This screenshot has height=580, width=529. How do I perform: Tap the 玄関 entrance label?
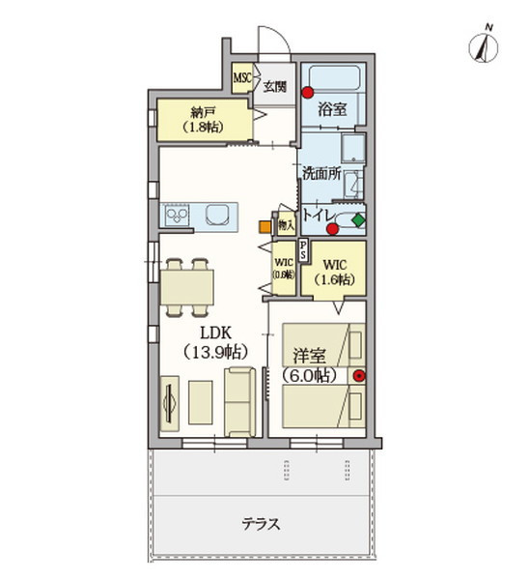pos(276,86)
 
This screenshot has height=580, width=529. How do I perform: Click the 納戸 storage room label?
pos(203,118)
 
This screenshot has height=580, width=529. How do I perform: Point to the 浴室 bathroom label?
pos(332,109)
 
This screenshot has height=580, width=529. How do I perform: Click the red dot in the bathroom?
pos(307,94)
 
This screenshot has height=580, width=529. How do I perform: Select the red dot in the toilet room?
pos(333,229)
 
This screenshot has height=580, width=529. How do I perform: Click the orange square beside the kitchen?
pos(264,228)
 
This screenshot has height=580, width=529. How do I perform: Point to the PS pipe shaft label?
pos(304,250)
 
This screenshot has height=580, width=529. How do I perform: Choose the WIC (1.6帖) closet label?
pos(337,271)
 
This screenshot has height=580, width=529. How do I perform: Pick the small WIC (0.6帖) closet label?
pos(283,268)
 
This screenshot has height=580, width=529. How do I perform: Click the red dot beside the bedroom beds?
pos(359,377)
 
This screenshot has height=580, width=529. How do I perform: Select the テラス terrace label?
pos(261,526)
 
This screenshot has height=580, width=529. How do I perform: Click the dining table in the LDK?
pos(186,286)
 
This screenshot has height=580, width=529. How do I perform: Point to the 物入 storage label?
pos(285,224)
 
